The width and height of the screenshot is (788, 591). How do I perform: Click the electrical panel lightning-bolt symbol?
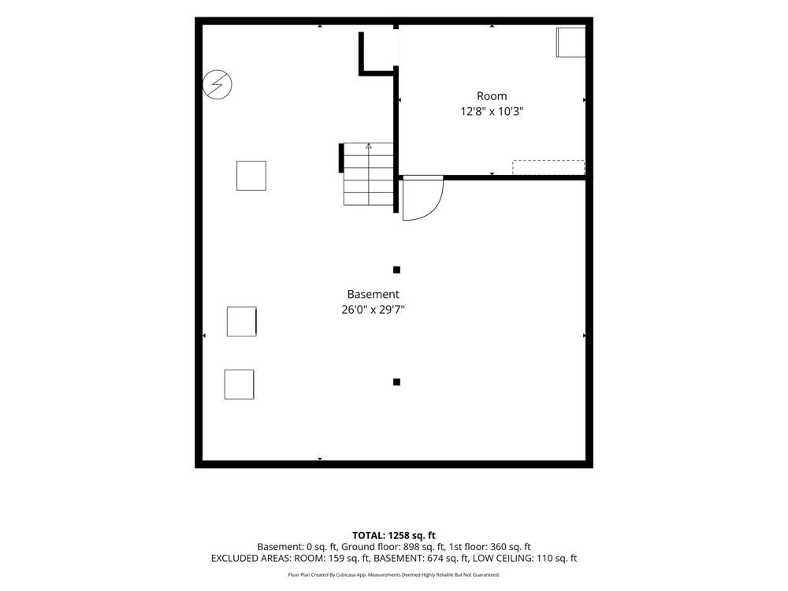point(217,84)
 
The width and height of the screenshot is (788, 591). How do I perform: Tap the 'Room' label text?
point(492,96)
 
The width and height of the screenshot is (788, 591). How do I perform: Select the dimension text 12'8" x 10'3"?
point(492,111)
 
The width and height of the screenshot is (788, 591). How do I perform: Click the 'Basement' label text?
point(373,294)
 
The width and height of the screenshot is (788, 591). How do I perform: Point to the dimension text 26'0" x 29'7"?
point(373,310)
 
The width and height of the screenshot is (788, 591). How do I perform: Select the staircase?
point(368,174)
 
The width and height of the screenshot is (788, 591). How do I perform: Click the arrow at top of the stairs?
point(368,147)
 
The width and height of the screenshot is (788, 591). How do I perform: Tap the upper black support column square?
point(396,269)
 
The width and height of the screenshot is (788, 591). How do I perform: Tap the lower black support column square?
point(396,382)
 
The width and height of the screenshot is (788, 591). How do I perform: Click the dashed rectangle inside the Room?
point(548,167)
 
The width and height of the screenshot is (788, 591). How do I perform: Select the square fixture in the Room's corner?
point(571,43)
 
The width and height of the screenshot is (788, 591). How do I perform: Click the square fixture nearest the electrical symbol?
point(251,176)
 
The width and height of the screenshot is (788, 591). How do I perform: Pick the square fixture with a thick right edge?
point(242,322)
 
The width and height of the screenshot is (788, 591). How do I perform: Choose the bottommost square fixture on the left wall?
point(240,385)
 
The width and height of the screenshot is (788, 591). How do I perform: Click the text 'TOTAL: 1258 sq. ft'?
point(393,535)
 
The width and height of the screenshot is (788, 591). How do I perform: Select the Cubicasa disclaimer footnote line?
point(393,574)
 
